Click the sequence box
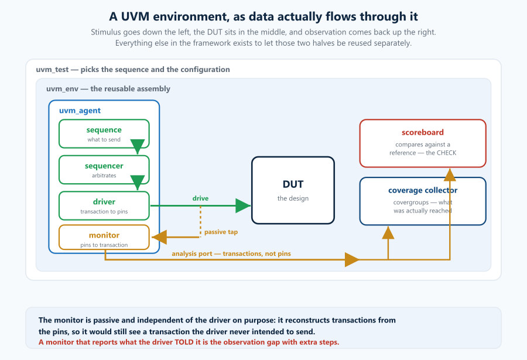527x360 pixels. [104, 134]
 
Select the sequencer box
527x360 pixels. [104, 170]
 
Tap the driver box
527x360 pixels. [104, 205]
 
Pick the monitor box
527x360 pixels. [104, 237]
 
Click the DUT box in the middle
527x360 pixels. [293, 190]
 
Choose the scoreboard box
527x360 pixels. [423, 143]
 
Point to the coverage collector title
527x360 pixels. [423, 190]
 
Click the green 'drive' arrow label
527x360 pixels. [200, 198]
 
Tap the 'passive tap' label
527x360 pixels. [221, 232]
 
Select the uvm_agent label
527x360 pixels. [80, 111]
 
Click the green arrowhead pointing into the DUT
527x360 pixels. [243, 205]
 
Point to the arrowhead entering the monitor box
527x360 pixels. [159, 237]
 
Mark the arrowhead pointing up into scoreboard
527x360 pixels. [450, 175]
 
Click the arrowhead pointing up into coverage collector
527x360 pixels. [388, 232]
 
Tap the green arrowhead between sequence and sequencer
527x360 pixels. [137, 146]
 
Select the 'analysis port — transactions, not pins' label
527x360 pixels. [231, 254]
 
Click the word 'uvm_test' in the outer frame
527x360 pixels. [52, 70]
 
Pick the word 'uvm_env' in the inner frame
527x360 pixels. [62, 89]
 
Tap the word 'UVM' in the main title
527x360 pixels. [135, 16]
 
